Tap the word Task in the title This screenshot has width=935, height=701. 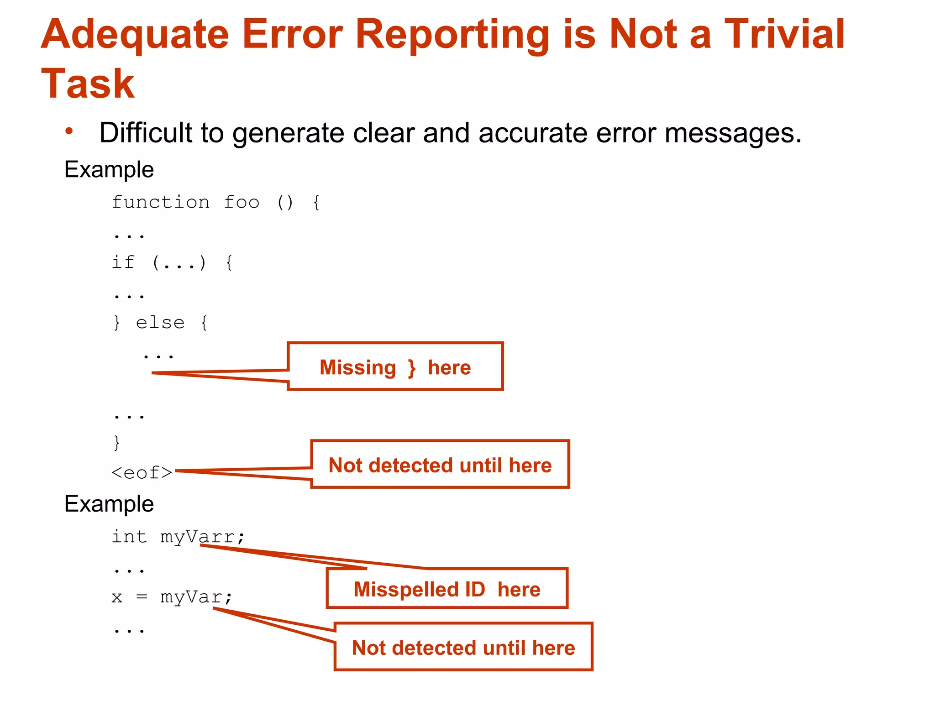click(x=88, y=84)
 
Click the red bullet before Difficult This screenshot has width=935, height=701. click(x=69, y=131)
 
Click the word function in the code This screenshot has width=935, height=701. click(x=161, y=202)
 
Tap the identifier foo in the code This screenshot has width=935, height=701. click(x=242, y=202)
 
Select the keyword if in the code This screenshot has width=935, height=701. click(x=123, y=262)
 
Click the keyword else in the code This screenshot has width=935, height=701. click(x=160, y=323)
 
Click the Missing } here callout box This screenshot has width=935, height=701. click(x=395, y=366)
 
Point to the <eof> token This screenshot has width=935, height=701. click(x=142, y=472)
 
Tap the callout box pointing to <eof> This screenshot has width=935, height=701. click(x=440, y=465)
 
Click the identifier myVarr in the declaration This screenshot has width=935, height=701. click(x=197, y=537)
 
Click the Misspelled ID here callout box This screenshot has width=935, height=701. click(x=447, y=589)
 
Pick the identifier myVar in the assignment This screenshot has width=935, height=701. click(x=191, y=597)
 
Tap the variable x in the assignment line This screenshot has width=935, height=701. click(x=117, y=597)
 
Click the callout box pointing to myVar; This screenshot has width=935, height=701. click(x=463, y=647)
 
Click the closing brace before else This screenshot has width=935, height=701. click(x=117, y=323)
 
